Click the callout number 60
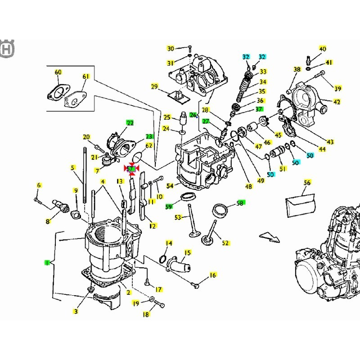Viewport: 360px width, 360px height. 58,72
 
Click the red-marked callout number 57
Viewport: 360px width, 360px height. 131,169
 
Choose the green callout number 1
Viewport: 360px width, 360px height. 46,262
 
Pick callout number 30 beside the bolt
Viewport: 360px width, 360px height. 171,49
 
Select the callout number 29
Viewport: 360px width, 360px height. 154,86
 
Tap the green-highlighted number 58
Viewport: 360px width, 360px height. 239,203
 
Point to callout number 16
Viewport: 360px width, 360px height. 213,274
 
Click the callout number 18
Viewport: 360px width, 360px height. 146,315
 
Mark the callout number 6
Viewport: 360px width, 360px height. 39,185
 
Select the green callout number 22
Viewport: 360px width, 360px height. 130,122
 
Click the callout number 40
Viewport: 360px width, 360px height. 323,49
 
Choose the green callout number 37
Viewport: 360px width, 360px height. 259,109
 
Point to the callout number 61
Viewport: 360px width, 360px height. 86,76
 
